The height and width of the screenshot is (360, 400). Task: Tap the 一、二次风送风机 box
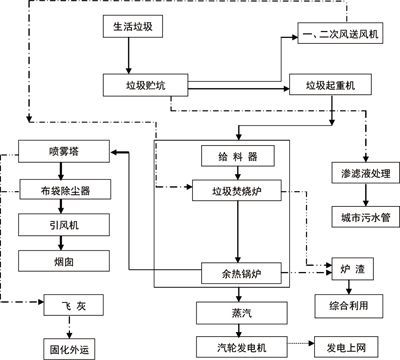point(342,37)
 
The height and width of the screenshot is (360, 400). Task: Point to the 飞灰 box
point(64,305)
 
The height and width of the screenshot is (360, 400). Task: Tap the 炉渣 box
point(352,271)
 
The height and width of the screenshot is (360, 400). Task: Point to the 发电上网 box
point(347,347)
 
